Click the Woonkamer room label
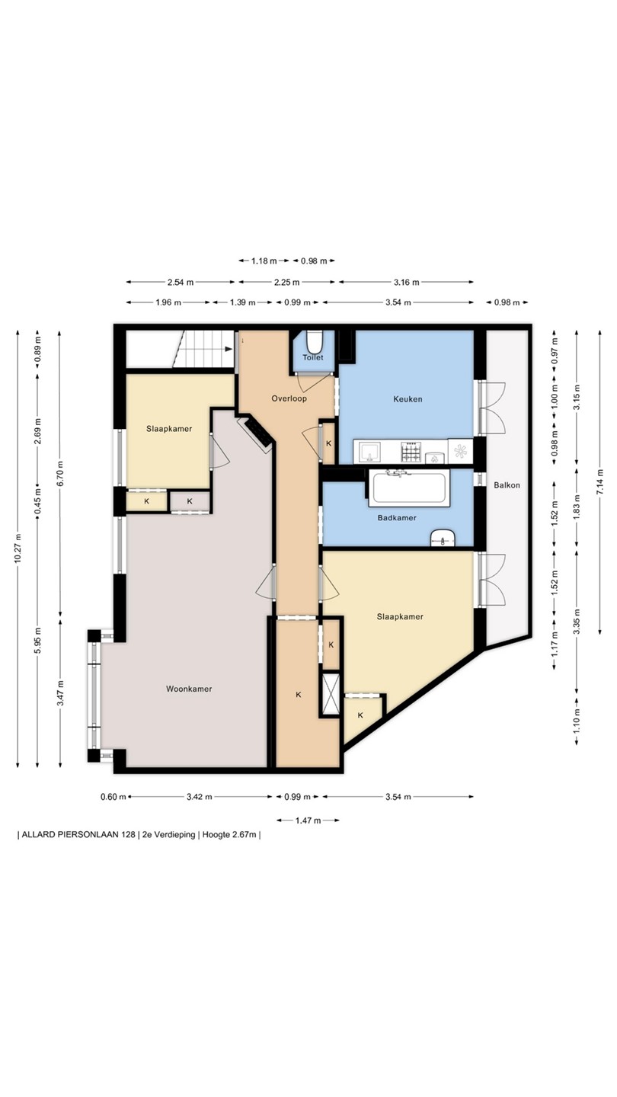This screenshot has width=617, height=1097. [x=189, y=689]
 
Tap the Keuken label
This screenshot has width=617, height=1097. [x=408, y=398]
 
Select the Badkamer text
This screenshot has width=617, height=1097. [x=397, y=518]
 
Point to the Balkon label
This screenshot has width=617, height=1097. [x=507, y=485]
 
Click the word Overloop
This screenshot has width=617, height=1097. [x=289, y=398]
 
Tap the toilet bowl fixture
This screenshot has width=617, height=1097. [x=313, y=341]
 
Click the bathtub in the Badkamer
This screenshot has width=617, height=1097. [x=409, y=488]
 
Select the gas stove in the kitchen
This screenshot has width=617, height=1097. [x=411, y=452]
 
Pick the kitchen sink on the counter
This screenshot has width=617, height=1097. [x=369, y=452]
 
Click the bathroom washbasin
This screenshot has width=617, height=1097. [x=443, y=539]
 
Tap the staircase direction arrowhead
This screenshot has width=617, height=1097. [x=229, y=349]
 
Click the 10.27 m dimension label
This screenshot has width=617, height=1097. [x=18, y=548]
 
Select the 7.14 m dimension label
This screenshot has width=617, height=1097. [x=600, y=482]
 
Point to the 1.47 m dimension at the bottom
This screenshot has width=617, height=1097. [x=308, y=820]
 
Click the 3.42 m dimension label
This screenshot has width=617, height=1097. [x=200, y=797]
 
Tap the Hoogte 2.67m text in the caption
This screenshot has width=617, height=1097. [x=229, y=835]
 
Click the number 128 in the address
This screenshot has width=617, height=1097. [x=128, y=835]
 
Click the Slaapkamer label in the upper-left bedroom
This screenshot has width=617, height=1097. [x=169, y=429]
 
